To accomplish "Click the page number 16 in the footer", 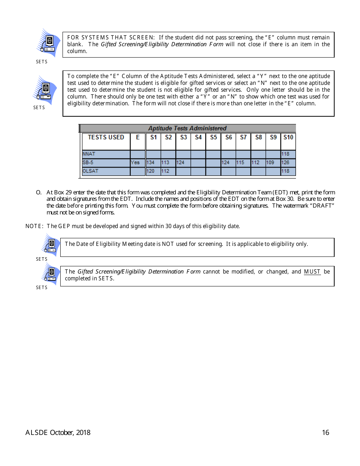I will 326,433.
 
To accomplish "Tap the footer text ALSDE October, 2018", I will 58,433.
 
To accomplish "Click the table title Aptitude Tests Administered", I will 187,128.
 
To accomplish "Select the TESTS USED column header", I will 106,138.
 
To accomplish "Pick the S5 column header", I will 213,138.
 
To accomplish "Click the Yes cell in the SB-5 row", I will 135,163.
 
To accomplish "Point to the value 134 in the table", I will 150,163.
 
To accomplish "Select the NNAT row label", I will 89,154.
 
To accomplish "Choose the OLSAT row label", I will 90,171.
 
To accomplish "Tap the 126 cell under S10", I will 285,163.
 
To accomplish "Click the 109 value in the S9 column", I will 270,163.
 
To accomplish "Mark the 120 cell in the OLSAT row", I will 150,171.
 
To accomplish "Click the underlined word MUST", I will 312,272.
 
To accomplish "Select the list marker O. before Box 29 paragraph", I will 39,192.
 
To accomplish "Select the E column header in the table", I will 138,138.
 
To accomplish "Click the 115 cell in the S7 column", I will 240,163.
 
